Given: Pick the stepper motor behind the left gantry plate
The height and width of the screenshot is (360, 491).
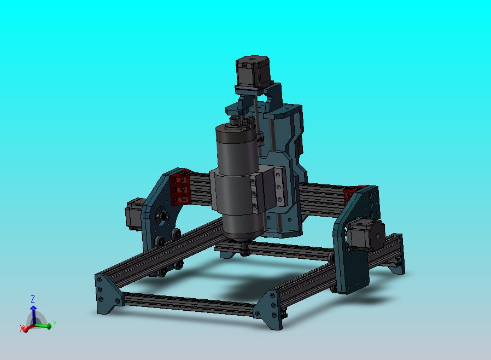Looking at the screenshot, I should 134,214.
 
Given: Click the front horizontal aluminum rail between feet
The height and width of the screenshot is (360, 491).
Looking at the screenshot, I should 189,303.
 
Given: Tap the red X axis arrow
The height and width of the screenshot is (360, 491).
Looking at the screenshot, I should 25,328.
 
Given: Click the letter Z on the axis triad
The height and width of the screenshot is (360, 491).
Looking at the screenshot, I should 33,299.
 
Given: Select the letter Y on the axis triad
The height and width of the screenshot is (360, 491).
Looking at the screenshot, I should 55,324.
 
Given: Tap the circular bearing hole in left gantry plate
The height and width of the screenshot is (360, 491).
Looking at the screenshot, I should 161,216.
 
